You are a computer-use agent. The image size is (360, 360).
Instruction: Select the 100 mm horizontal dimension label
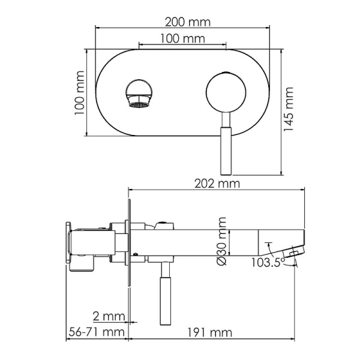183,38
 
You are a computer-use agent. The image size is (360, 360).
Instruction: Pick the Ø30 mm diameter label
222,242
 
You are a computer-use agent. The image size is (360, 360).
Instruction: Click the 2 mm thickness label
109,316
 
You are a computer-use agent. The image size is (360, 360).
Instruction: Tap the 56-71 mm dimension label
95,332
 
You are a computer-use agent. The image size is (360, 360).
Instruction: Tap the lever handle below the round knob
226,136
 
